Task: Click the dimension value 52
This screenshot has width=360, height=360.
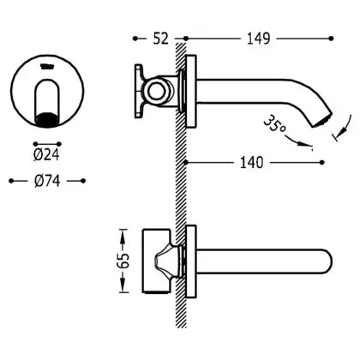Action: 161,39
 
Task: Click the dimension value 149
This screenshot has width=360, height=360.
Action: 258,39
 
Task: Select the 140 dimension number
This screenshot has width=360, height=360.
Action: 251,163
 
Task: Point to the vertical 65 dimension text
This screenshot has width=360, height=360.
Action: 123,260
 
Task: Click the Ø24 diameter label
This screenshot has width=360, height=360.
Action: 46,155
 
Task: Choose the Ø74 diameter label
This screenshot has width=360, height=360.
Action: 47,181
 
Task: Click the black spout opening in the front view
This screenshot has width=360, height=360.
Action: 47,119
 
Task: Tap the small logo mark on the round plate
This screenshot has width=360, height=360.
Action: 47,67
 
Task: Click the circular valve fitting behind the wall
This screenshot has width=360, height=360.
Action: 157,91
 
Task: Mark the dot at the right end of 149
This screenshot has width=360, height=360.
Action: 331,39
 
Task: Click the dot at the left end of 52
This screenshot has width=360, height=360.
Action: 135,39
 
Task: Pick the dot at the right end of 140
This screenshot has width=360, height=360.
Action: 322,163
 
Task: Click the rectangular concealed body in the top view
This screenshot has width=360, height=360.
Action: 156,261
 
